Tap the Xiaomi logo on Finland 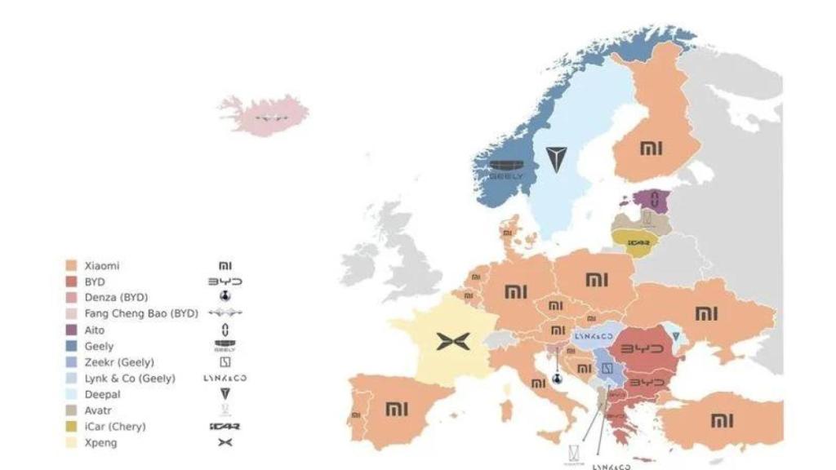coord(651,149)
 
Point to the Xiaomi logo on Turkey coord(721,420)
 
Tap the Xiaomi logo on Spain coord(396,408)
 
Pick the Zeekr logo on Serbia coord(606,369)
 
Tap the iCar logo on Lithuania coord(638,242)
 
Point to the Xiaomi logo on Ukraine coord(706,313)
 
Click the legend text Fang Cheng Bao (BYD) coord(141,313)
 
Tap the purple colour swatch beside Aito coord(71,330)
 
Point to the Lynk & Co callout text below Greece coord(611,467)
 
